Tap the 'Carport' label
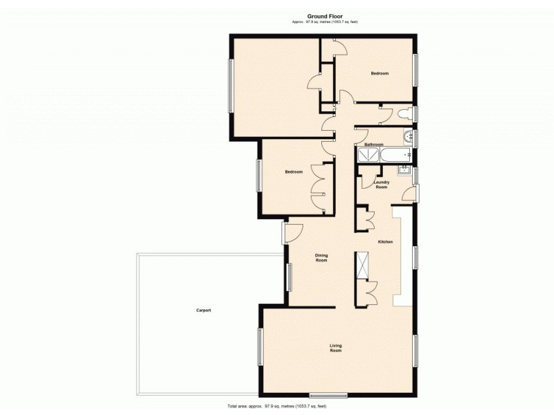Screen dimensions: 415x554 203,310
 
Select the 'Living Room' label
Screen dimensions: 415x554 336,348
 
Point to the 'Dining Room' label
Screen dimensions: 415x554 321,258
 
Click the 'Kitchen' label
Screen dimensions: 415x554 385,241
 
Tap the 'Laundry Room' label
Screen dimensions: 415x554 382,185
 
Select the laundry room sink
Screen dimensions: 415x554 404,170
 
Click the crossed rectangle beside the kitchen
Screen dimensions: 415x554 362,266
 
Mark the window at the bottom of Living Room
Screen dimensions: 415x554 328,395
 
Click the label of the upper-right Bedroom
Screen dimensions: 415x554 379,73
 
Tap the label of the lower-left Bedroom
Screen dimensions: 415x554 294,172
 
